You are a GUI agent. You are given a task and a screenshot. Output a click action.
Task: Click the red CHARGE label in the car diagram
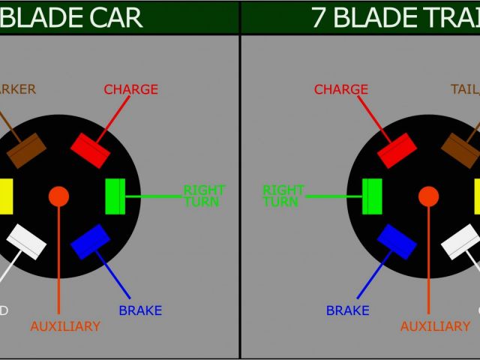click(x=130, y=89)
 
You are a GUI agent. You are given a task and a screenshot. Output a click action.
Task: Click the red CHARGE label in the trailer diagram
click(x=341, y=89)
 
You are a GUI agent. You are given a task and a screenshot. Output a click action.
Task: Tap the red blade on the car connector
click(x=90, y=150)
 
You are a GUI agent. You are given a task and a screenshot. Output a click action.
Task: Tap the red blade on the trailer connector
click(x=397, y=151)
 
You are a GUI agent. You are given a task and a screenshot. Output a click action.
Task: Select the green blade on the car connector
click(x=115, y=196)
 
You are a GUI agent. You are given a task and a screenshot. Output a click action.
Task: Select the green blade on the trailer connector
click(x=372, y=196)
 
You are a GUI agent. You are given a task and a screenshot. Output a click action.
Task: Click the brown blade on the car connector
click(x=27, y=151)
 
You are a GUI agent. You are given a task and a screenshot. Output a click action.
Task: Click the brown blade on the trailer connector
click(x=460, y=151)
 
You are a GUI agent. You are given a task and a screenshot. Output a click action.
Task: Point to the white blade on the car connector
click(x=27, y=241)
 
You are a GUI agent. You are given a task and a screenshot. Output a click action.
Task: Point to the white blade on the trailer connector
click(x=460, y=241)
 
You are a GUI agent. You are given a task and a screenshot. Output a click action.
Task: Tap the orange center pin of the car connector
click(x=58, y=196)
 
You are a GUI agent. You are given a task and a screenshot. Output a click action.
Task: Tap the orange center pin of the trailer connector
click(x=428, y=196)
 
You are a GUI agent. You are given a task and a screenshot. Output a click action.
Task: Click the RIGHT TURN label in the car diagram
click(x=204, y=196)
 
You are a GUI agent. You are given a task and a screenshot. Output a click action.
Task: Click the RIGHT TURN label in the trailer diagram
click(x=283, y=196)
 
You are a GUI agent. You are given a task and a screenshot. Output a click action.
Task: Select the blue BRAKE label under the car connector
click(x=140, y=310)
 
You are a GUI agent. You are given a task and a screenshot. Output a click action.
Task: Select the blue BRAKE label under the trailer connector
click(x=348, y=310)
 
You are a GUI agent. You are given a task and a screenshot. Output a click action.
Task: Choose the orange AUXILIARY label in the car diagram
click(x=65, y=326)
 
